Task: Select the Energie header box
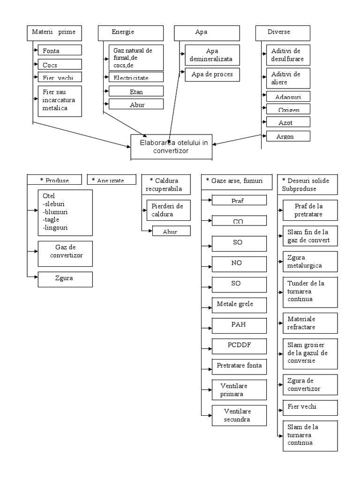130,33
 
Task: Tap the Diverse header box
283,33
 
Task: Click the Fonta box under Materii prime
60,50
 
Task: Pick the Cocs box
60,65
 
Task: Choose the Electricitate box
136,77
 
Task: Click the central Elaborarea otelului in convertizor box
171,146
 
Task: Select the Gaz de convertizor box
65,253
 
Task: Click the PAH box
239,324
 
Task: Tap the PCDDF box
239,345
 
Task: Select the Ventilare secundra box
239,415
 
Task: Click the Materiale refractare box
310,322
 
